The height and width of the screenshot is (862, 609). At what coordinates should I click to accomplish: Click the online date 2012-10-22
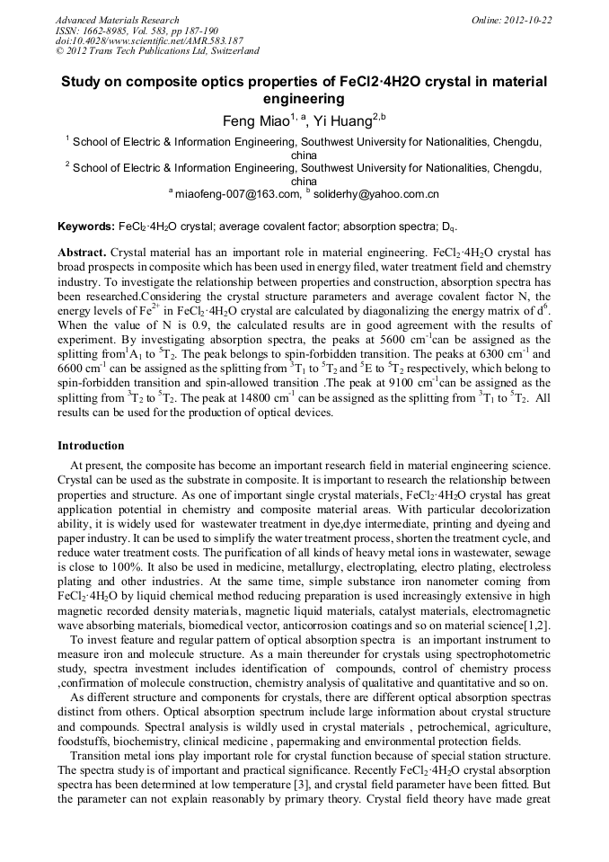530,20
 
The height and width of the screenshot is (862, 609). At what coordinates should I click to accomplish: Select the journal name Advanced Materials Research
118,20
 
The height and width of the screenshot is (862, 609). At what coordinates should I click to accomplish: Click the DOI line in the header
149,40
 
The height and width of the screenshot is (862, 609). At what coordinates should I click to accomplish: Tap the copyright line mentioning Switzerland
157,51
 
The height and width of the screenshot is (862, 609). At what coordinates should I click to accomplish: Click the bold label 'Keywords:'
86,226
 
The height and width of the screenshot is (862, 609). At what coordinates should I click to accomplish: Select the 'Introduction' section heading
91,446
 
